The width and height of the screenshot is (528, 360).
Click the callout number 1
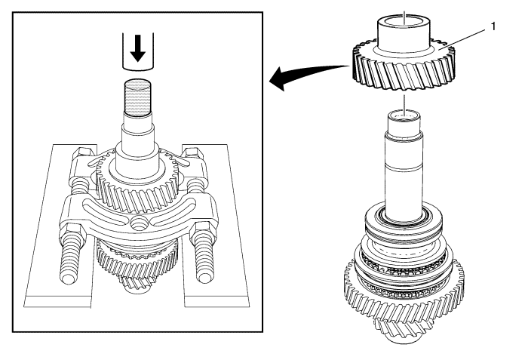point(493,26)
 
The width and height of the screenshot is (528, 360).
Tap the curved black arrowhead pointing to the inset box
point(278,79)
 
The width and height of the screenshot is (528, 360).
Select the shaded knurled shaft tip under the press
point(138,97)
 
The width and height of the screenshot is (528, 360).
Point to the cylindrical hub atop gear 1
point(404,32)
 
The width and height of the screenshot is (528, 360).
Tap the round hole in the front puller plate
point(138,223)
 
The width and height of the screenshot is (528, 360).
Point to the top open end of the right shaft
point(404,117)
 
